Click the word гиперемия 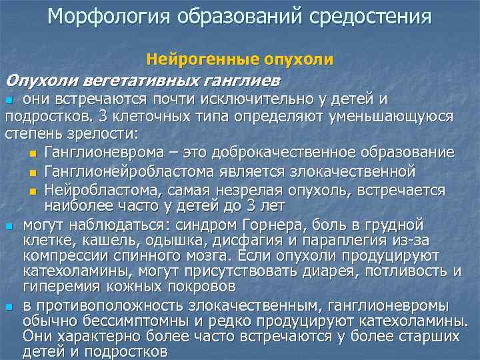tap(56, 287)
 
